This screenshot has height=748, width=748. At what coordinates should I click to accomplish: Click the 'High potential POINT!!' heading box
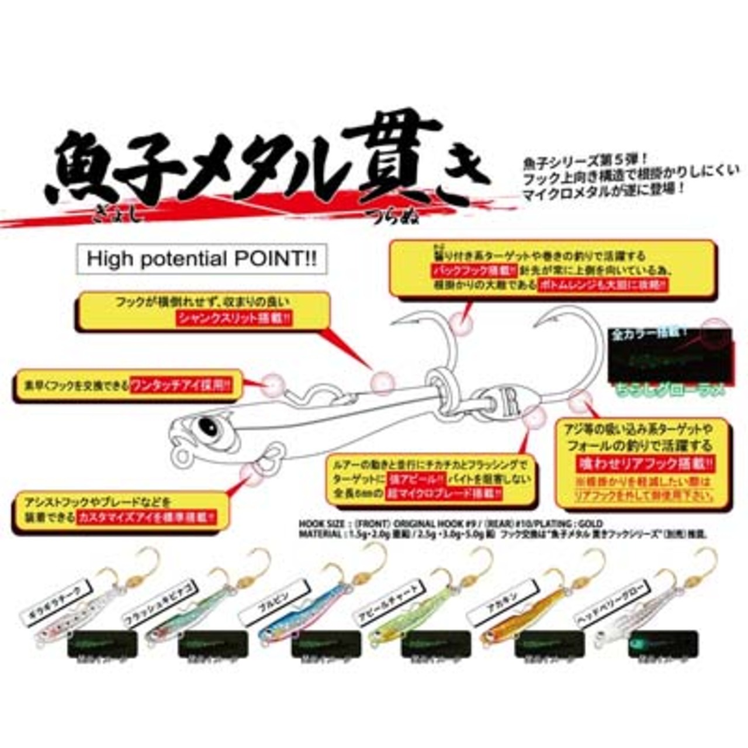(x=202, y=259)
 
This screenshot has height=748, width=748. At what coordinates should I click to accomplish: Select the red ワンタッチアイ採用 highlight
(x=182, y=386)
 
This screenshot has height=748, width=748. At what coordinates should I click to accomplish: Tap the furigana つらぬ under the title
(x=383, y=217)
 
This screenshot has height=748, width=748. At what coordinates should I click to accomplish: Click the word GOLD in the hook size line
(x=590, y=524)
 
